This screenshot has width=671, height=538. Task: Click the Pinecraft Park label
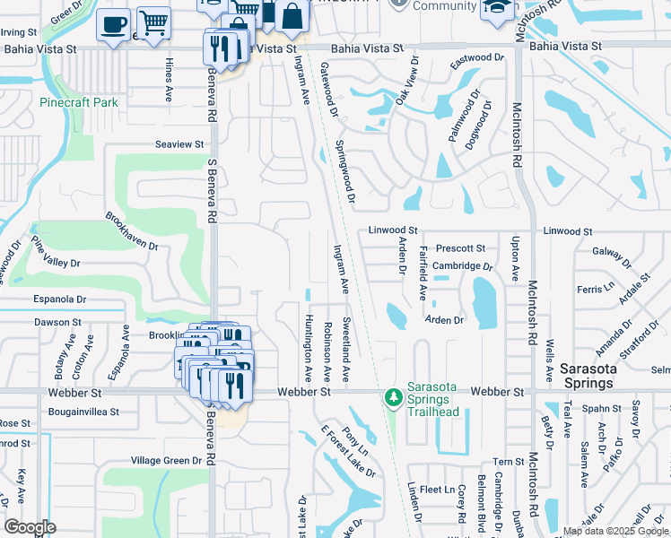[x=79, y=102]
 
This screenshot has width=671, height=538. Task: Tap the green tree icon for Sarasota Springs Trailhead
[x=392, y=396]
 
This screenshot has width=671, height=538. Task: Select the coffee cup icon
[x=113, y=26]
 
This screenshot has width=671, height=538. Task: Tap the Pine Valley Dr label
[x=56, y=250]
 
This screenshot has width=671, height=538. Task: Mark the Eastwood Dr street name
[x=477, y=57]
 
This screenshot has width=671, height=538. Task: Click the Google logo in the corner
[x=30, y=527]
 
